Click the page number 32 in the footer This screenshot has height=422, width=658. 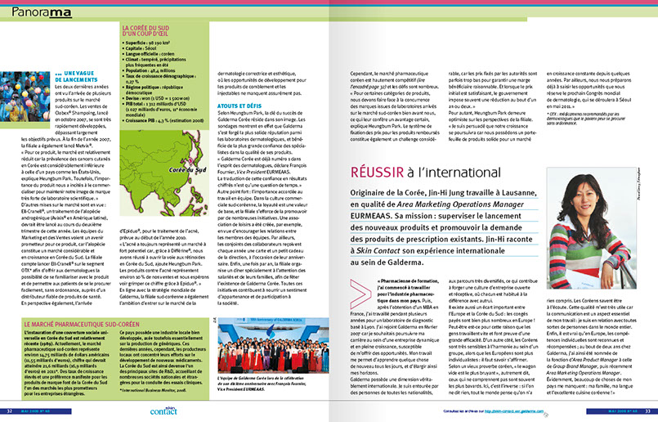point(9,411)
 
